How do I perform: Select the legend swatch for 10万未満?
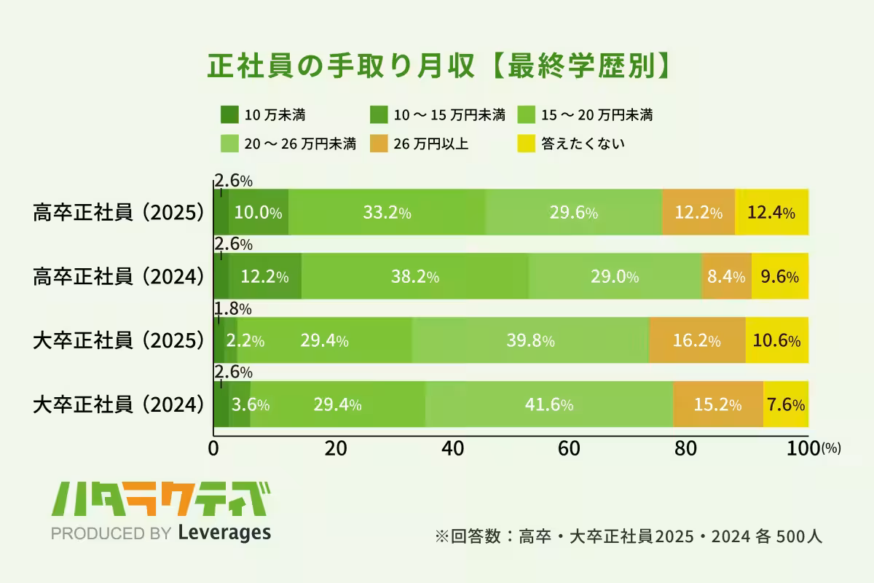point(229,114)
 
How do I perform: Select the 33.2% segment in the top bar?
point(387,213)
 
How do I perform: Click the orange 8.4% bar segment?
point(725,277)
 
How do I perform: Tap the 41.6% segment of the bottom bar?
point(549,404)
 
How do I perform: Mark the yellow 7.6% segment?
point(786,404)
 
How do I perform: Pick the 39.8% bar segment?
point(530,340)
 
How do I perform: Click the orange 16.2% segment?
point(697,340)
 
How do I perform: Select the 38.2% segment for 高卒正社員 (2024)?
point(415,277)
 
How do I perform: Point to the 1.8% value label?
point(232,309)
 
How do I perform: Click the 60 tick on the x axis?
point(570,449)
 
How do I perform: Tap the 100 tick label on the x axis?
point(804,449)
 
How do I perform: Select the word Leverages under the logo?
point(224,533)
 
